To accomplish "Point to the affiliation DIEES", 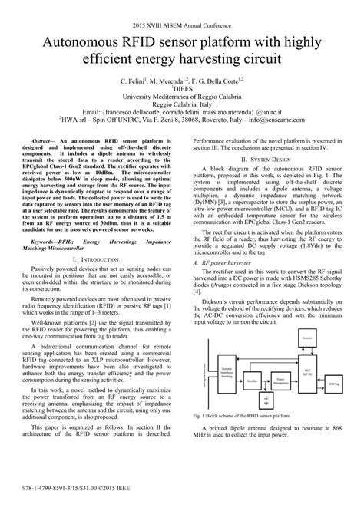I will [x=181, y=88].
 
